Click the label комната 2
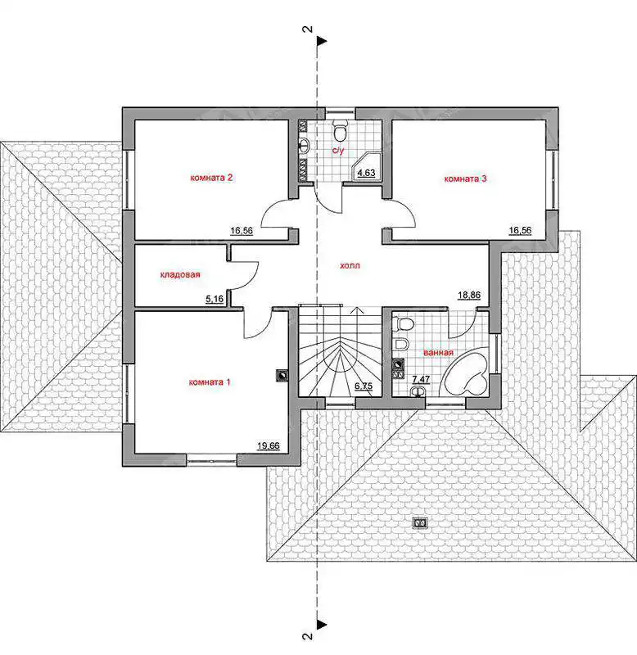point(211,178)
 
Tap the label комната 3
point(465,178)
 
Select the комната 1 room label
point(210,382)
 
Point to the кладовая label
point(180,274)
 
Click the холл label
point(350,265)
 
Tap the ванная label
point(438,353)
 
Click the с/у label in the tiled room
point(338,151)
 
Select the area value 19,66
point(269,445)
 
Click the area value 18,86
point(469,295)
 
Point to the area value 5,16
point(215,299)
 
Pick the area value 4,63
point(366,173)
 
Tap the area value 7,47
point(421,379)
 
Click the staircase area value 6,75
point(364,386)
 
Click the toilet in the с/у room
point(341,130)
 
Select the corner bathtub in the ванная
point(465,374)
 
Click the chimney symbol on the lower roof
point(419,523)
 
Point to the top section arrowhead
point(322,41)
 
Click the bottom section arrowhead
point(322,625)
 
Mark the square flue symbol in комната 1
point(282,376)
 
